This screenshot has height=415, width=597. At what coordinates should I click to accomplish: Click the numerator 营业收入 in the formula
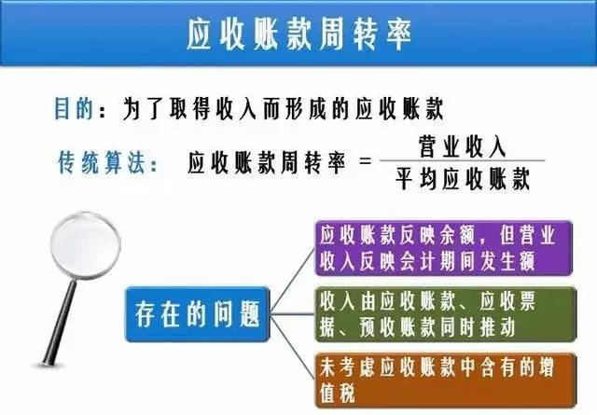(463, 147)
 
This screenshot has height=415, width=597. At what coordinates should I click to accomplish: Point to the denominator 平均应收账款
(463, 178)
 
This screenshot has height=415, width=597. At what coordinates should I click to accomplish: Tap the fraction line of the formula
(463, 162)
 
